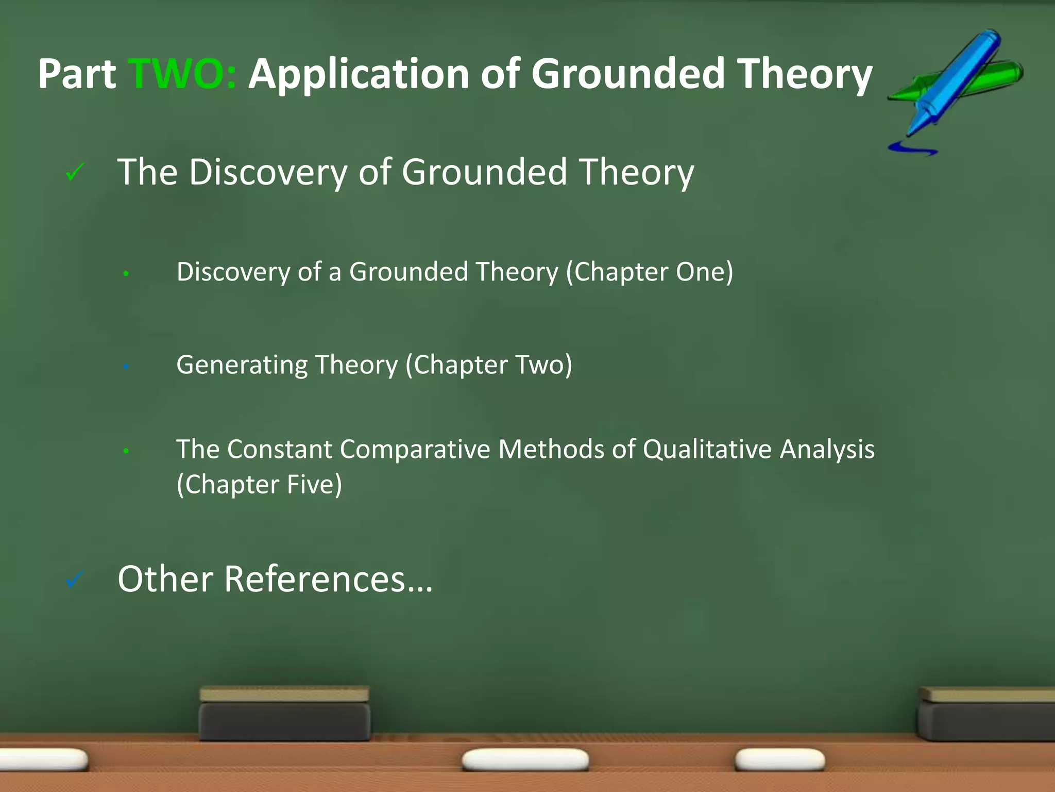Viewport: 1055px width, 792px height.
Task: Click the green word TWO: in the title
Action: (181, 74)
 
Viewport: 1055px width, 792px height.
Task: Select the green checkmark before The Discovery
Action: (75, 172)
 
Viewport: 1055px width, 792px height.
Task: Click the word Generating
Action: (242, 365)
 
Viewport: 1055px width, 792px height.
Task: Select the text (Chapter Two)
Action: (488, 365)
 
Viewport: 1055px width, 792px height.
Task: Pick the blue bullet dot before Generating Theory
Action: (126, 367)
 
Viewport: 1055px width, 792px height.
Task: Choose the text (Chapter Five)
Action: (259, 484)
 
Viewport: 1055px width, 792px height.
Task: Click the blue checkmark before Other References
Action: (75, 580)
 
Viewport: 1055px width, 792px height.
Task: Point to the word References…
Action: (328, 579)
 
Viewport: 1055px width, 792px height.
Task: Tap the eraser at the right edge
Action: (986, 714)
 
